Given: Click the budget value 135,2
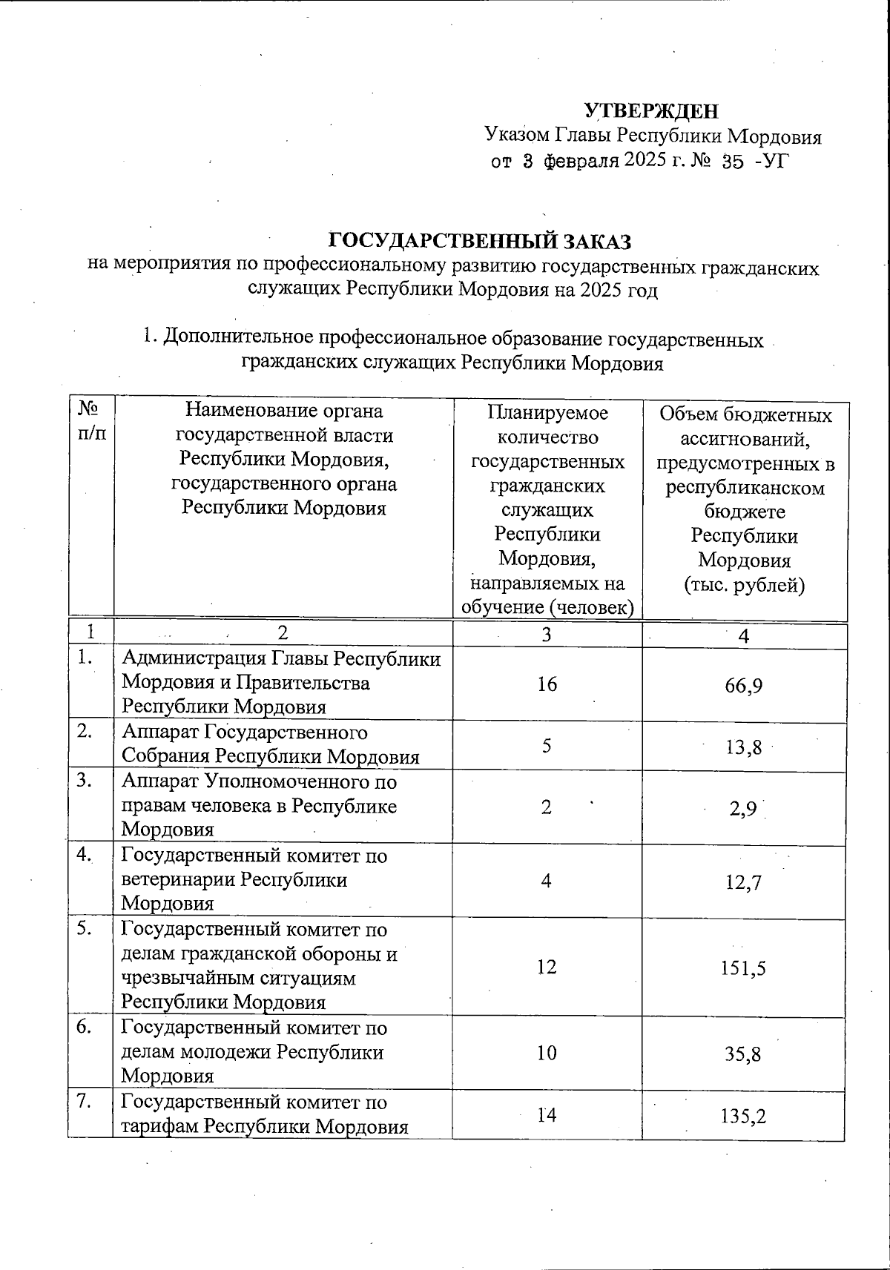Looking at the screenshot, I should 744,1115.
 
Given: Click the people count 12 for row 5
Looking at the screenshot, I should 547,967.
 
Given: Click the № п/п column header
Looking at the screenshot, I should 90,421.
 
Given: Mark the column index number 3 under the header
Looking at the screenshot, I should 547,635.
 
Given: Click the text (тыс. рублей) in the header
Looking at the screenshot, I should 744,585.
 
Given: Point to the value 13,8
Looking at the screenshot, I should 744,747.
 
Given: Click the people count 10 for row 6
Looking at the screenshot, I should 547,1053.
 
